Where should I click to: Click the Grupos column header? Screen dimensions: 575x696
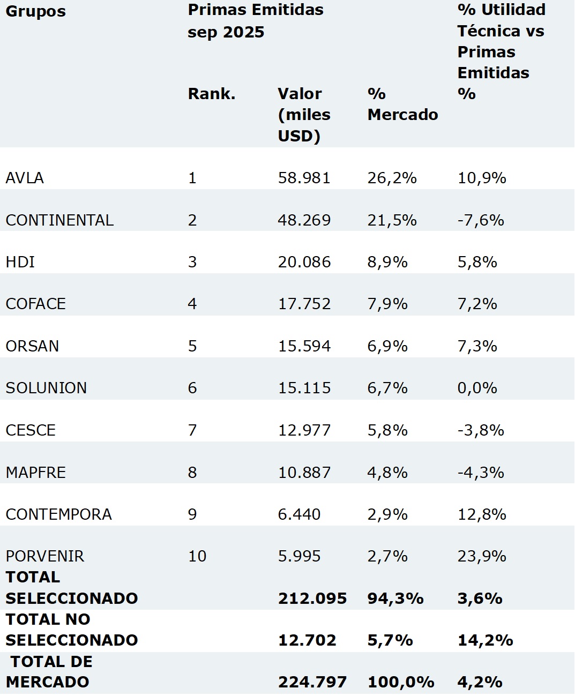click(x=36, y=12)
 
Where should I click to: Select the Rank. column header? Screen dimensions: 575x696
click(x=212, y=94)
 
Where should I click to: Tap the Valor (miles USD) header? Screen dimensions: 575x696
click(x=304, y=115)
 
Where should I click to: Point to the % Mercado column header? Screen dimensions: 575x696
click(x=402, y=104)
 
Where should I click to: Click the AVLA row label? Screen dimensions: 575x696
click(x=25, y=178)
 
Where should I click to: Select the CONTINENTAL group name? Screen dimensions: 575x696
click(x=59, y=220)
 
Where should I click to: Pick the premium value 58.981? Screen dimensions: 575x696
click(x=304, y=178)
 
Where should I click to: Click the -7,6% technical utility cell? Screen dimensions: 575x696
click(x=481, y=220)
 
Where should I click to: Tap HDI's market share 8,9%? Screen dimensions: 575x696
click(x=387, y=262)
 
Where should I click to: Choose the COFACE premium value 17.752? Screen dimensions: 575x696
click(x=304, y=304)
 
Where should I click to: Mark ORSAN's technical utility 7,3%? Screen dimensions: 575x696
click(x=477, y=346)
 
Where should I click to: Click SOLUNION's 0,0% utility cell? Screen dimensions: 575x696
click(x=477, y=388)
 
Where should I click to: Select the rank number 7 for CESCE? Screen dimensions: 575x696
click(x=192, y=430)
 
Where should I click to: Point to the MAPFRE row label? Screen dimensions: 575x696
click(x=36, y=473)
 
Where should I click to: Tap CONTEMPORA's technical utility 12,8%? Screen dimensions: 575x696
click(x=482, y=514)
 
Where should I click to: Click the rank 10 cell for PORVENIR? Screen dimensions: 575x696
click(x=197, y=556)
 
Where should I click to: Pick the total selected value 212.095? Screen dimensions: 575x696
click(x=312, y=598)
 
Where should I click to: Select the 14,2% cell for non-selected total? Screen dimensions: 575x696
click(x=485, y=640)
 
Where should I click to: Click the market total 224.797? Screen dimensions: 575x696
click(x=312, y=682)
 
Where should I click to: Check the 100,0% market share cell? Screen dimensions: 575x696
click(x=401, y=682)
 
